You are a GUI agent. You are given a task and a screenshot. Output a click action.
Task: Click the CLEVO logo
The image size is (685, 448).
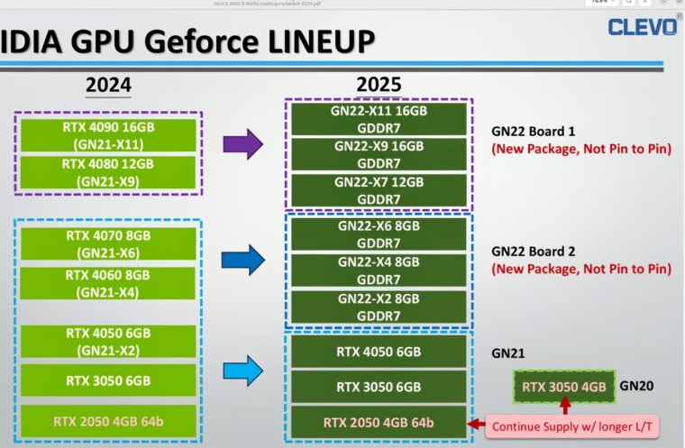click(x=643, y=26)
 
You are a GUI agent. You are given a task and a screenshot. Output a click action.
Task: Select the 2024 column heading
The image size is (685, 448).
click(x=108, y=86)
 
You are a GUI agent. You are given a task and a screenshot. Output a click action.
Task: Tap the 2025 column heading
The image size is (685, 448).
click(x=379, y=86)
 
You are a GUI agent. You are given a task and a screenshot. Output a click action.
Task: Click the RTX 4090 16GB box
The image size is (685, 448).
click(x=108, y=134)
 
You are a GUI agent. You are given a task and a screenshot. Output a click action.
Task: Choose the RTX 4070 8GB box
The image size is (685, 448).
click(x=108, y=243)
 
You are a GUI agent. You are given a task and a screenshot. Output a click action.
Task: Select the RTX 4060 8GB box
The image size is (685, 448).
click(x=108, y=283)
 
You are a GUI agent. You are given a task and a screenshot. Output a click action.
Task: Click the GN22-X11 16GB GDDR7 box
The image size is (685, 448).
click(x=379, y=118)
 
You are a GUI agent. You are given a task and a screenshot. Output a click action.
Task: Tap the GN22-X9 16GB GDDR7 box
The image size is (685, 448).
click(x=379, y=153)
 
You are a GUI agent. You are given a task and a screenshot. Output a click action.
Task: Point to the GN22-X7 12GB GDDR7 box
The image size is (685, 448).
click(x=379, y=190)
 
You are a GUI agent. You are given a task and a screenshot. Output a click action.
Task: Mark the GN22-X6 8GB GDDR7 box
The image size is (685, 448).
click(x=379, y=234)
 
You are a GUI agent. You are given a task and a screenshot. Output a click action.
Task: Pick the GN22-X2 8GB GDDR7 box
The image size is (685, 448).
click(x=379, y=306)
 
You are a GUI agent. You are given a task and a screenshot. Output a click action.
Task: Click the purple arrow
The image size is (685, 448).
click(x=242, y=143)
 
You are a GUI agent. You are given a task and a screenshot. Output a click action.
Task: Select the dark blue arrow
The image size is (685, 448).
click(x=242, y=260)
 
